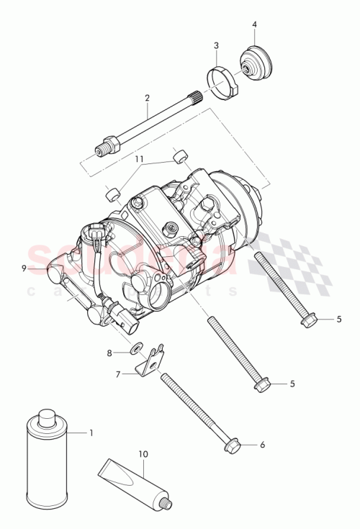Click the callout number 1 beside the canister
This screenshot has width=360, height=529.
91,433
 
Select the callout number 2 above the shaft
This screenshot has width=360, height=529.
147,97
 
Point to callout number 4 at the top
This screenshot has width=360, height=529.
254,25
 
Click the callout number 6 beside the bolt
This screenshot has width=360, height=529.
262,445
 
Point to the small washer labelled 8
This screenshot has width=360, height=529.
135,351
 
